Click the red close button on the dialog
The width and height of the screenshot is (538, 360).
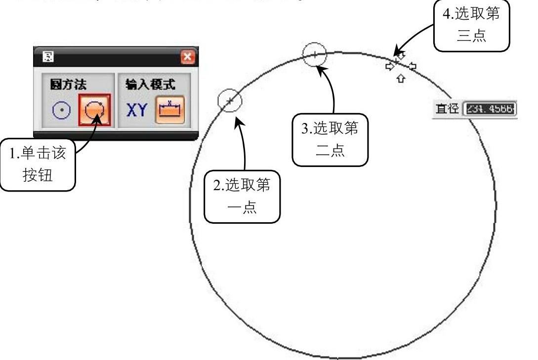tap(188, 56)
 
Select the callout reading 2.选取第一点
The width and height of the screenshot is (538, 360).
tap(242, 197)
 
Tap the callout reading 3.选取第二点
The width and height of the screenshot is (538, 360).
tap(331, 140)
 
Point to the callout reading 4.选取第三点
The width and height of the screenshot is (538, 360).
tap(471, 25)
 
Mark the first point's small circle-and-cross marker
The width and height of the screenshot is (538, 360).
tap(230, 101)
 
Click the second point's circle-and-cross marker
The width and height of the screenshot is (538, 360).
tap(315, 53)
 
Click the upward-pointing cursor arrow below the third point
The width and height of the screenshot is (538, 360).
tap(401, 78)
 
